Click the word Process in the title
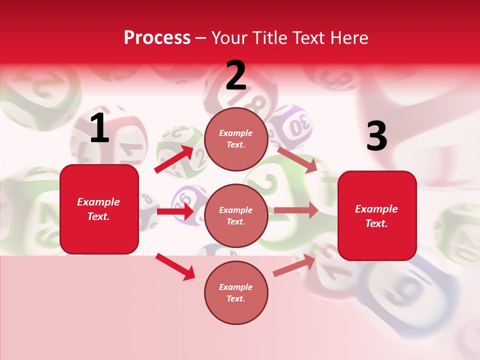(x=157, y=37)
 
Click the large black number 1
(x=99, y=129)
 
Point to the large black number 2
(x=236, y=75)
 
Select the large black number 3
(x=376, y=136)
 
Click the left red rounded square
(x=99, y=209)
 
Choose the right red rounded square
(x=377, y=216)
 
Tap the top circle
(x=236, y=139)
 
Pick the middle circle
(x=236, y=215)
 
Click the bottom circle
(x=236, y=292)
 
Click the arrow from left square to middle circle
(x=175, y=211)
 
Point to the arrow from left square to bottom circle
(x=175, y=266)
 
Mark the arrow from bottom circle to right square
(x=294, y=265)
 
